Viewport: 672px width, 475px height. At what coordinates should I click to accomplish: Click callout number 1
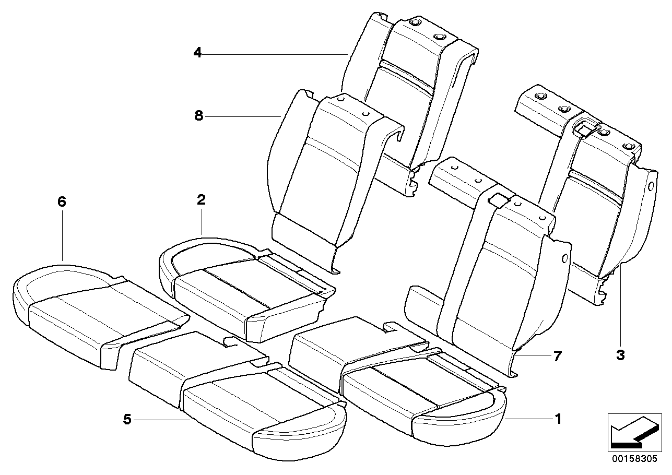point(558,419)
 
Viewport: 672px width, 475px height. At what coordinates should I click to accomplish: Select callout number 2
point(202,199)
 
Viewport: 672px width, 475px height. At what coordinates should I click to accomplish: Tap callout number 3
point(620,355)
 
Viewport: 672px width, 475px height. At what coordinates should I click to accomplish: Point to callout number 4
point(197,52)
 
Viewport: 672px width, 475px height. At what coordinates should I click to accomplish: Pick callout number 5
point(126,419)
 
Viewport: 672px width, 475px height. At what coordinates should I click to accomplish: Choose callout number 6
point(62,202)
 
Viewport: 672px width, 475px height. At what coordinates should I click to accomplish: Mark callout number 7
point(558,356)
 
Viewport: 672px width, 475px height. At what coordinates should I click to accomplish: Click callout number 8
point(198,115)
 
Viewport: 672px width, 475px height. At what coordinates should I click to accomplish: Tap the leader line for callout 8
point(245,116)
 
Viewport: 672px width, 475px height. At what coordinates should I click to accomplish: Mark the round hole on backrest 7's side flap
point(565,258)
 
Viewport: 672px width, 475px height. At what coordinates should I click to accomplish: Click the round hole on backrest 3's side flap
point(651,186)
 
